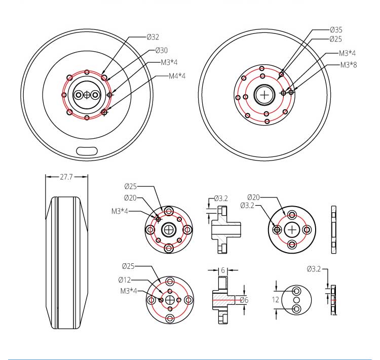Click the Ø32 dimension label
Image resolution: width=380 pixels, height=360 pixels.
[x=153, y=37]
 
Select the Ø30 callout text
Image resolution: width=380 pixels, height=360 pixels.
[x=162, y=50]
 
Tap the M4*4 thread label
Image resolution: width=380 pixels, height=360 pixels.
[x=177, y=76]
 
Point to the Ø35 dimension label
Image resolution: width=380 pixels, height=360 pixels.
[x=336, y=30]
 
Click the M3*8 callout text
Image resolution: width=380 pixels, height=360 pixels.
[x=349, y=65]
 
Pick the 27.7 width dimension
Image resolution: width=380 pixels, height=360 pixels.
[x=66, y=177]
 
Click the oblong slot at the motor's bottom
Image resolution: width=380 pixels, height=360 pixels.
[x=87, y=151]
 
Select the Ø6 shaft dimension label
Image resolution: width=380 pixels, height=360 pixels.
[x=244, y=300]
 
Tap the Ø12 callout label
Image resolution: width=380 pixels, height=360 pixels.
[x=125, y=280]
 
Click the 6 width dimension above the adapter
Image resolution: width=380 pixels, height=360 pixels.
[x=223, y=270]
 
